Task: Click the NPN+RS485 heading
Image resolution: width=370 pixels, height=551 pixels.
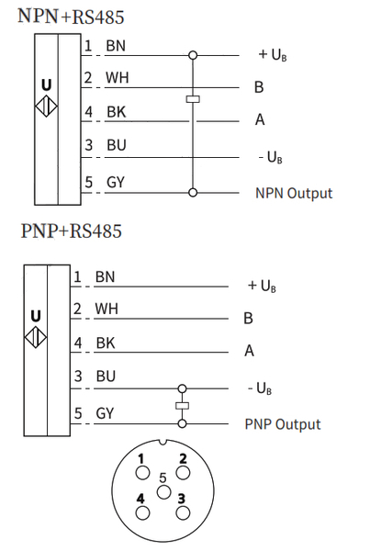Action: tap(71, 17)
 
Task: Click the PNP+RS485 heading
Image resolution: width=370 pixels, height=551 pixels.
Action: tap(72, 231)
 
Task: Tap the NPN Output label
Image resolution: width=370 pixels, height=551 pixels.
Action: tap(294, 193)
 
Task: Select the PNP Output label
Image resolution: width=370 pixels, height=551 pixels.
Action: tap(283, 424)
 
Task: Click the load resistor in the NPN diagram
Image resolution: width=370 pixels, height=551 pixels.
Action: tap(193, 99)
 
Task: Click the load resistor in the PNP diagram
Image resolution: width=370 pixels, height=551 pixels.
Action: tap(182, 406)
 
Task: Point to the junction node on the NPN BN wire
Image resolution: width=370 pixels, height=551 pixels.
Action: tap(193, 55)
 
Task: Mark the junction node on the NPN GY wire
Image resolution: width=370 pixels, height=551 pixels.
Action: tap(193, 193)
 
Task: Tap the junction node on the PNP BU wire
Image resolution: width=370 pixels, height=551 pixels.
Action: tap(182, 388)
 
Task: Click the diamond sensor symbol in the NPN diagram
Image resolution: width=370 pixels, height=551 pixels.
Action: tap(47, 106)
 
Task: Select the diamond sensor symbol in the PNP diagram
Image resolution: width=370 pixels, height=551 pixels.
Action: tap(36, 337)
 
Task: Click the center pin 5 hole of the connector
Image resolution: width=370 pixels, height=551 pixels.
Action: tap(163, 492)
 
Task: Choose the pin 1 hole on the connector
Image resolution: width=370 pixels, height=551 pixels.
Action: tap(142, 473)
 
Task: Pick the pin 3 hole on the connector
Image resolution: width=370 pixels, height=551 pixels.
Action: tap(183, 513)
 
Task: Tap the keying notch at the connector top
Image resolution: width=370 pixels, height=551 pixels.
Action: tap(163, 442)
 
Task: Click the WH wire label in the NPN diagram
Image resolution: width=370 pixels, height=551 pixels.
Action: tap(117, 78)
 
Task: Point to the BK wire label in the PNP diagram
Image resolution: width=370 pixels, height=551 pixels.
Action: tap(106, 343)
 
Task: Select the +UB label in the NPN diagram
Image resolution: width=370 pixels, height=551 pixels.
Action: tap(273, 54)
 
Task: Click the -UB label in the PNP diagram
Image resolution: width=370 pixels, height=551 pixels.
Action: tap(260, 388)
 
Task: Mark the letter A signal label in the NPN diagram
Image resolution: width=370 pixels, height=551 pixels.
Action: tap(260, 119)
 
